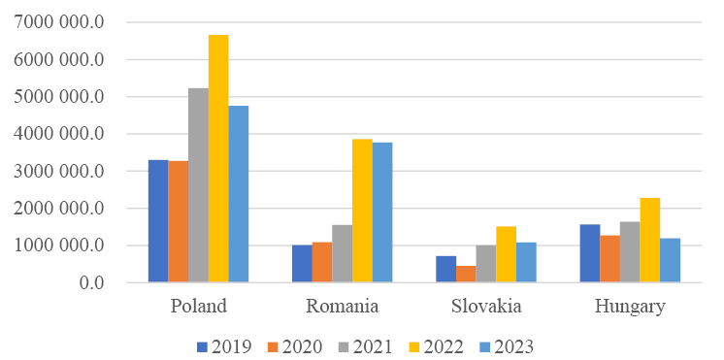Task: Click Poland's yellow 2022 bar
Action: point(218,159)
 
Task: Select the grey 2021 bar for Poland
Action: point(198,185)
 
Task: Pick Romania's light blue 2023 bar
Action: point(382,213)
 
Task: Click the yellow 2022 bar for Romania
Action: point(362,211)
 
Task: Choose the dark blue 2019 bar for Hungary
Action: point(589,253)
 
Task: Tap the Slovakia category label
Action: point(486,307)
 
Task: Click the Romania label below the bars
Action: point(342,307)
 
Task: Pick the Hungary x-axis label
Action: point(630,307)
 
